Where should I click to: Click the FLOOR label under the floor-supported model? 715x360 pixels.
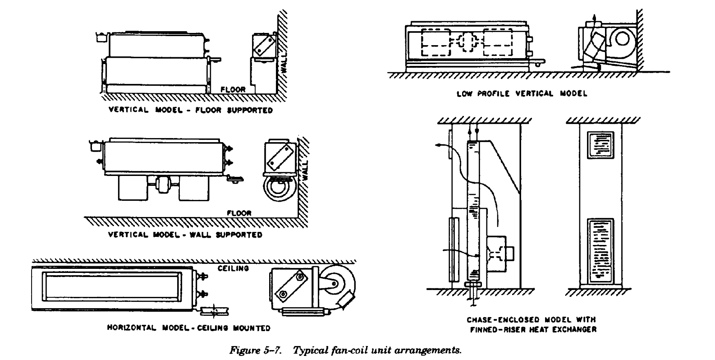tap(233, 90)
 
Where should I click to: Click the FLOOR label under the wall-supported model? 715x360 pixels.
tap(239, 213)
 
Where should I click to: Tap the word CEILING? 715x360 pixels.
tap(233, 268)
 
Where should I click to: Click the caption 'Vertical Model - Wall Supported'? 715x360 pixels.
tap(185, 235)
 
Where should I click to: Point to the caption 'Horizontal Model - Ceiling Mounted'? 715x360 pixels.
tap(188, 328)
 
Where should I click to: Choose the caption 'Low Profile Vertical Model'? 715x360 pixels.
tap(522, 93)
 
